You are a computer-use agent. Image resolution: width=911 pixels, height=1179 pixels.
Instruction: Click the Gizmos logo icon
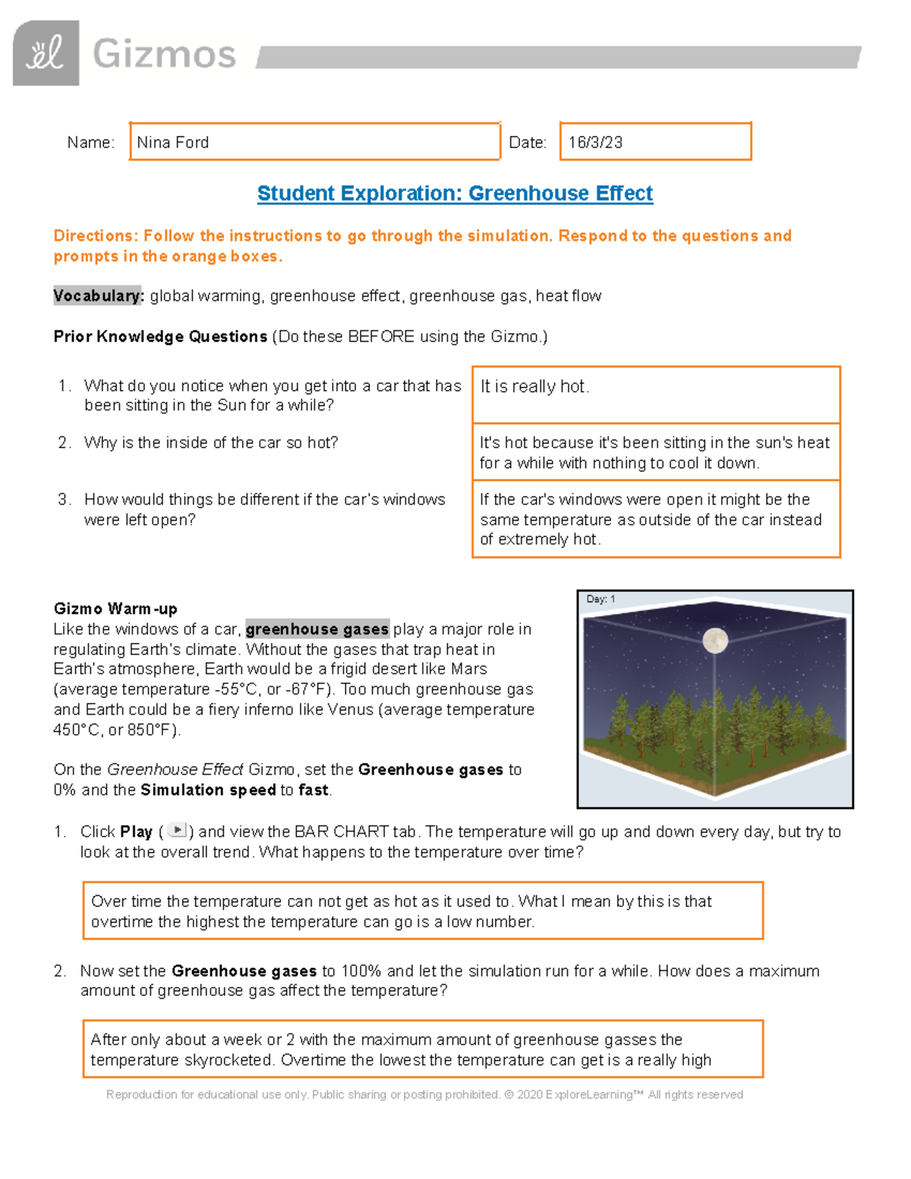pos(46,53)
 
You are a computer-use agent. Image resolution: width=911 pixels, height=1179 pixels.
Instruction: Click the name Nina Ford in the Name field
pos(173,143)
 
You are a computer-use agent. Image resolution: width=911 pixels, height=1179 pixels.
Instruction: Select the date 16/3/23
pos(595,143)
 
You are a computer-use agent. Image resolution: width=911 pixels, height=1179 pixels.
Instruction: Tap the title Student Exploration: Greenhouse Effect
pos(455,194)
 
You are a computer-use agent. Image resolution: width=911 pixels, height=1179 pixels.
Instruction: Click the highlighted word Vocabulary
pos(98,296)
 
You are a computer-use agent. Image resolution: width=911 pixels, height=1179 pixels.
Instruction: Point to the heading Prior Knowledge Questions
pos(160,336)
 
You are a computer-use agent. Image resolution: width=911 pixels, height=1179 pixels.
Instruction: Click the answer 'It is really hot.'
pos(534,386)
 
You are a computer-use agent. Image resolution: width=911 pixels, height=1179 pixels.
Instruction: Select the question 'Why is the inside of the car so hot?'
pos(211,443)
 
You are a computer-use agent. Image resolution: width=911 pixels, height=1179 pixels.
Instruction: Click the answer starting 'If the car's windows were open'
pos(651,519)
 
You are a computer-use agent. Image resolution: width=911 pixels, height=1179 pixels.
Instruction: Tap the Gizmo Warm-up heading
pos(115,609)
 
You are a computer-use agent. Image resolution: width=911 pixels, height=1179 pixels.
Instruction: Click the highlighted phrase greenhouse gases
pos(317,629)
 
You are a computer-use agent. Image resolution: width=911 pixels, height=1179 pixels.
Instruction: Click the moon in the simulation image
pos(715,640)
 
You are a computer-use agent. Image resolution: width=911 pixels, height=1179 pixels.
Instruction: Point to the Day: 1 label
pos(601,599)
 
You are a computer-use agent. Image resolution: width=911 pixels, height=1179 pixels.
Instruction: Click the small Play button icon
pos(176,831)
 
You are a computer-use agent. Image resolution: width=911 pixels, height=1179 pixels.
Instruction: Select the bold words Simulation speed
pos(208,790)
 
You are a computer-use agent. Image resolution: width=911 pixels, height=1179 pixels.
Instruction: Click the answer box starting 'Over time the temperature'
pos(422,911)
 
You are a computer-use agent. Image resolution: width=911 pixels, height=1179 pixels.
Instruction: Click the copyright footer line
pos(424,1095)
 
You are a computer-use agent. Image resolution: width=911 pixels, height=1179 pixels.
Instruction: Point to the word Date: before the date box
pos(527,143)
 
